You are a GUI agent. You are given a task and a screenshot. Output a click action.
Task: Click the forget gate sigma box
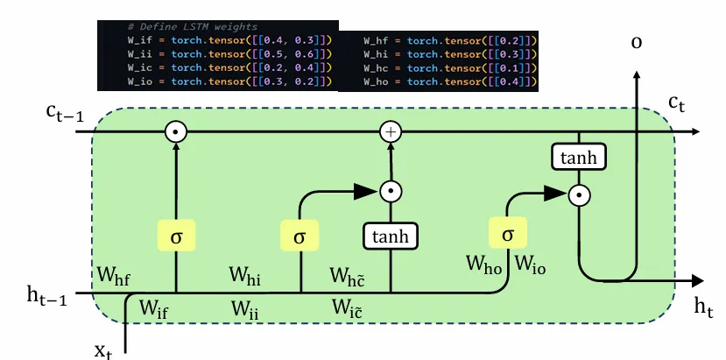(x=177, y=236)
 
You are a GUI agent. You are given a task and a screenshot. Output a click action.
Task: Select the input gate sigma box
(x=300, y=236)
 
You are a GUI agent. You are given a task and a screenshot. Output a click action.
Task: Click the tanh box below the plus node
(x=391, y=236)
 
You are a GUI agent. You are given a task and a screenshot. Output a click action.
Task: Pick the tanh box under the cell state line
(x=579, y=159)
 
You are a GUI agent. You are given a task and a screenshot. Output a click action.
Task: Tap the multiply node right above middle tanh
(x=391, y=190)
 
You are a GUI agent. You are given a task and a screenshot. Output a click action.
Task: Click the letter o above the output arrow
(x=636, y=40)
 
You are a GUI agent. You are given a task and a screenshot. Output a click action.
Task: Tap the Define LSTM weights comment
(x=180, y=27)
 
